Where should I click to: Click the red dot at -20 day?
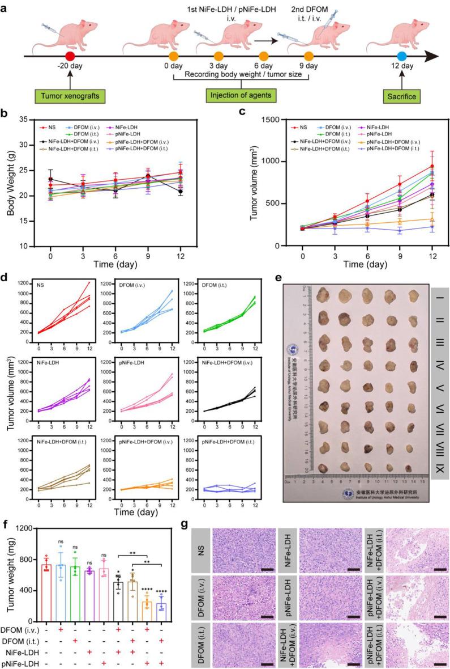click(70, 57)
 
